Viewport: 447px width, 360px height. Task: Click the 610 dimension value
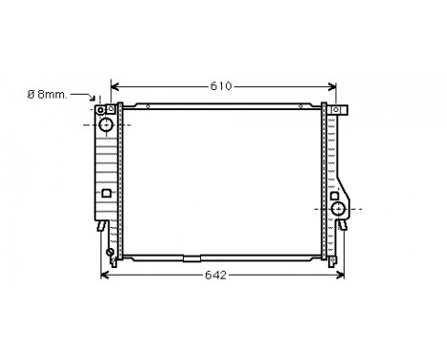[221, 87]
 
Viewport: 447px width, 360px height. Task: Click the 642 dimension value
[216, 276]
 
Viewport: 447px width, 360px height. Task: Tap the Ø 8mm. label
[47, 94]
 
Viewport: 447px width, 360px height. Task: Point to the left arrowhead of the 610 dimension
[116, 87]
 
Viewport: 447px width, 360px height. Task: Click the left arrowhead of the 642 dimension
[104, 276]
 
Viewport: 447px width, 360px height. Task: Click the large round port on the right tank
[337, 208]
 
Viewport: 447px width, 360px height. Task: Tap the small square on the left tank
[106, 192]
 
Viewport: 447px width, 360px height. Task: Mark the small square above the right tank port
[336, 194]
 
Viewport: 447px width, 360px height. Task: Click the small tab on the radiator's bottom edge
[192, 259]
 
